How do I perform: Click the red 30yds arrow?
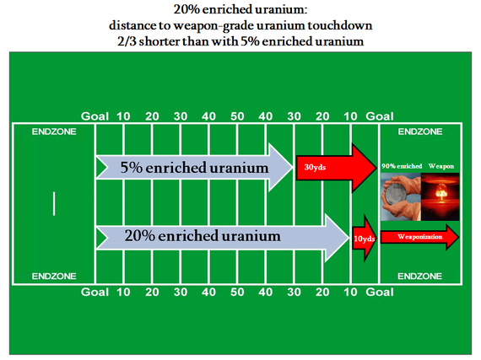(x=336, y=168)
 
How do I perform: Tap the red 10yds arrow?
(x=364, y=239)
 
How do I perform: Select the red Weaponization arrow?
(x=419, y=237)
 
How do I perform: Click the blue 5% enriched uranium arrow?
(x=194, y=167)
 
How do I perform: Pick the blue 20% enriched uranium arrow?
(x=223, y=238)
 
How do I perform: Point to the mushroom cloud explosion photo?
(x=440, y=196)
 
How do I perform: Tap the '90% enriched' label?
(x=402, y=166)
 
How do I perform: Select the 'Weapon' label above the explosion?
(x=441, y=166)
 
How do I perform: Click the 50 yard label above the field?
(x=237, y=116)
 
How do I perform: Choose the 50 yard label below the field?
(x=237, y=292)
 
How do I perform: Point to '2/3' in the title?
(x=127, y=41)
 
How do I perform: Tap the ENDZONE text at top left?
(x=54, y=132)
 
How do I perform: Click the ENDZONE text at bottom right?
(x=420, y=277)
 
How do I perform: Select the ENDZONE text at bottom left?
(x=54, y=277)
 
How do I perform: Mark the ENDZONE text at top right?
(x=420, y=132)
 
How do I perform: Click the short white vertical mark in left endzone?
(x=54, y=203)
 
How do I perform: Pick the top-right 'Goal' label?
(x=380, y=116)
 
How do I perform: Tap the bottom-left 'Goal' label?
(x=95, y=292)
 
